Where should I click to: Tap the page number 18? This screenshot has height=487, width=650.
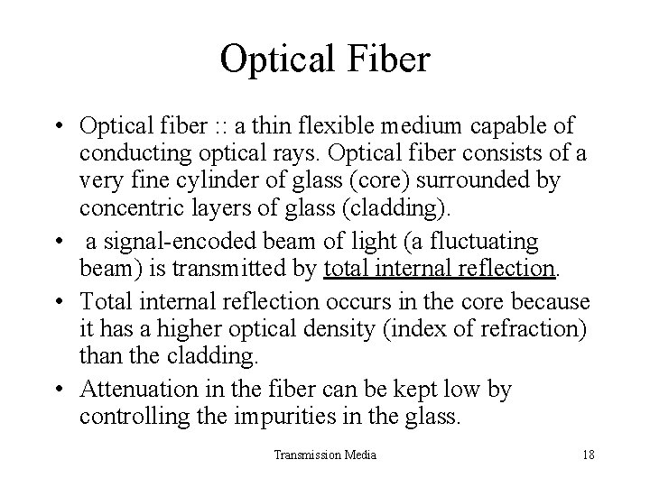pos(588,455)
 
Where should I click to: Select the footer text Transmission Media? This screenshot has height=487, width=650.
pos(325,455)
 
